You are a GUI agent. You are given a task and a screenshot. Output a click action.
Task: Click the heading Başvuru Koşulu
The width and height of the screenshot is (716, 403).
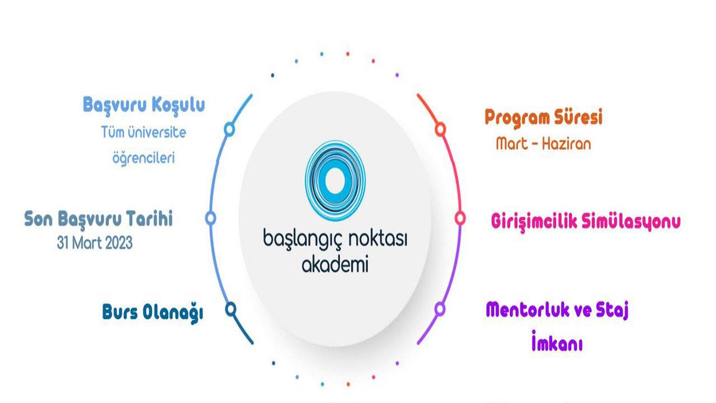click(x=144, y=105)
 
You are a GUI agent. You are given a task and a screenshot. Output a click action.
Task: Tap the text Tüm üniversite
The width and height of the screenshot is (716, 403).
click(x=144, y=132)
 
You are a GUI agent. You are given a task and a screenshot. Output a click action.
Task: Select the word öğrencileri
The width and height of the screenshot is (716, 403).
click(x=144, y=158)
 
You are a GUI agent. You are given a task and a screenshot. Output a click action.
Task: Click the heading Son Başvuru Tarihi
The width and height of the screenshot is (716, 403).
click(x=98, y=219)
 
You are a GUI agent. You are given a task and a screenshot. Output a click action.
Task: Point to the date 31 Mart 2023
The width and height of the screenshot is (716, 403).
click(x=95, y=243)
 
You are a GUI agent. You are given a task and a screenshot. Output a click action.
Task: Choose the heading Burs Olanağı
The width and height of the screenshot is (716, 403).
click(x=153, y=313)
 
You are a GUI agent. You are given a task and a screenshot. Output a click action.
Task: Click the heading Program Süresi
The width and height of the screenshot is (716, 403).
click(x=543, y=118)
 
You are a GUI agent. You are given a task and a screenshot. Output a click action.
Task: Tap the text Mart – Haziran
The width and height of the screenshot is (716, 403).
click(x=543, y=144)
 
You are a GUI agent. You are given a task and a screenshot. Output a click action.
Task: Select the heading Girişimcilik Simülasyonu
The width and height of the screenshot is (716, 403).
click(x=586, y=221)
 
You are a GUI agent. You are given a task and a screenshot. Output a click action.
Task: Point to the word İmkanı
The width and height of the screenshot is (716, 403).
click(x=557, y=341)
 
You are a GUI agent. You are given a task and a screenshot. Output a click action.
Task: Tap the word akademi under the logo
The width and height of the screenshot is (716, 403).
click(x=335, y=264)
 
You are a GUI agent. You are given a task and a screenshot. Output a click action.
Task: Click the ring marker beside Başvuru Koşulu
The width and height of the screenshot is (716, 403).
click(x=229, y=129)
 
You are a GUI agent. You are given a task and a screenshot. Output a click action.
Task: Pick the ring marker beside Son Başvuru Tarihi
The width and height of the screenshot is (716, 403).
click(x=210, y=218)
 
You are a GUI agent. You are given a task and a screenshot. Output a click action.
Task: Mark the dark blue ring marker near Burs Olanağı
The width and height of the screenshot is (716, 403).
click(x=231, y=309)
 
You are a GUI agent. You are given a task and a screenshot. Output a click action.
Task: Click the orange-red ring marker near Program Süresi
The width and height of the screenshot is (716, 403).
click(x=440, y=129)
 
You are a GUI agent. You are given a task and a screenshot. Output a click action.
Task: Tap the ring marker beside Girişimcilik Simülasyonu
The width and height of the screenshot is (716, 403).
click(x=460, y=218)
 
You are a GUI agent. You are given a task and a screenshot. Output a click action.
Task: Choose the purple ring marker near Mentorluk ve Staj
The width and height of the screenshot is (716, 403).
click(x=440, y=309)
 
